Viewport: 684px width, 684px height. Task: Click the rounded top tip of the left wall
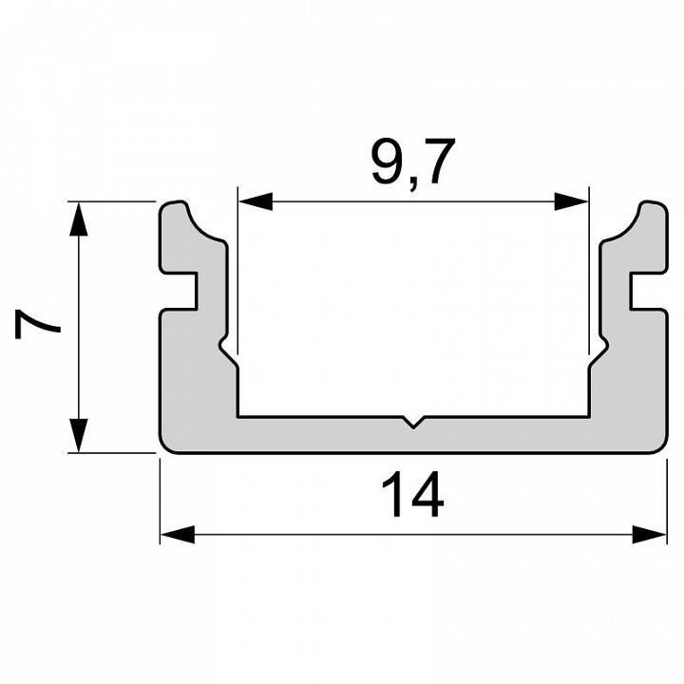(x=175, y=205)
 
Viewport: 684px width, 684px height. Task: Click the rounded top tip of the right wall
(x=651, y=205)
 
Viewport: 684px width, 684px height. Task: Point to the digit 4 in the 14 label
(x=427, y=497)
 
